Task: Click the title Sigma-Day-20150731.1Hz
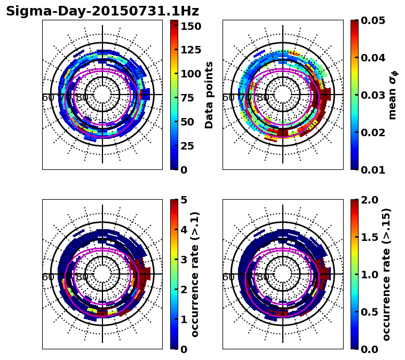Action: (x=102, y=11)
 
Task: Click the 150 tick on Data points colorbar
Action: (x=191, y=26)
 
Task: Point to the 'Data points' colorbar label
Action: (x=209, y=95)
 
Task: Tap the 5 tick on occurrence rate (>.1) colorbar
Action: (x=184, y=200)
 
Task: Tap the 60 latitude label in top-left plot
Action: (x=48, y=98)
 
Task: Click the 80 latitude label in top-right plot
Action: (x=263, y=98)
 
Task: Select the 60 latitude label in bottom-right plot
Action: (x=228, y=277)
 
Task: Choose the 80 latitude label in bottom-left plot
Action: (x=82, y=277)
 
